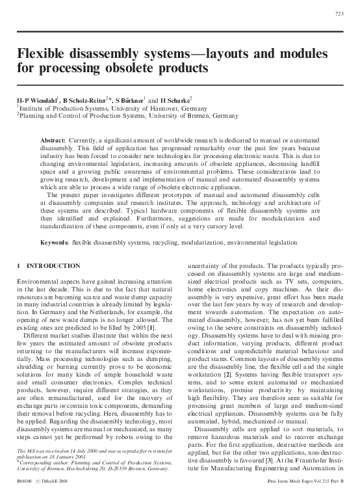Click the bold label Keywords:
(55, 242)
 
